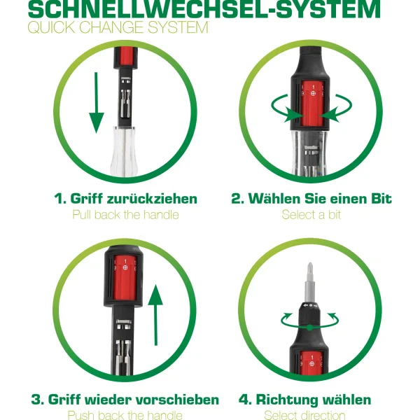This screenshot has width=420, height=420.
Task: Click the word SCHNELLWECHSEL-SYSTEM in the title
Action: (204, 9)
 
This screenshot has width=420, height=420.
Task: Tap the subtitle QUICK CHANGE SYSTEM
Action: (118, 28)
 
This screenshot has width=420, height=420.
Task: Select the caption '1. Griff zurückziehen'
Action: (125, 199)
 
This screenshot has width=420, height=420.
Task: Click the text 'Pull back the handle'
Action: (125, 215)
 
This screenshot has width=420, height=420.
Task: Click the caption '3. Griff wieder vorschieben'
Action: (125, 400)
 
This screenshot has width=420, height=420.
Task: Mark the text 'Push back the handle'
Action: (125, 416)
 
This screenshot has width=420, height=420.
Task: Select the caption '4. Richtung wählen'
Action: (304, 400)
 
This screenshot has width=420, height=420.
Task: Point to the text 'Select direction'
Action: (304, 416)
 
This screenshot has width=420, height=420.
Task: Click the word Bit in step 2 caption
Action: (379, 199)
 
